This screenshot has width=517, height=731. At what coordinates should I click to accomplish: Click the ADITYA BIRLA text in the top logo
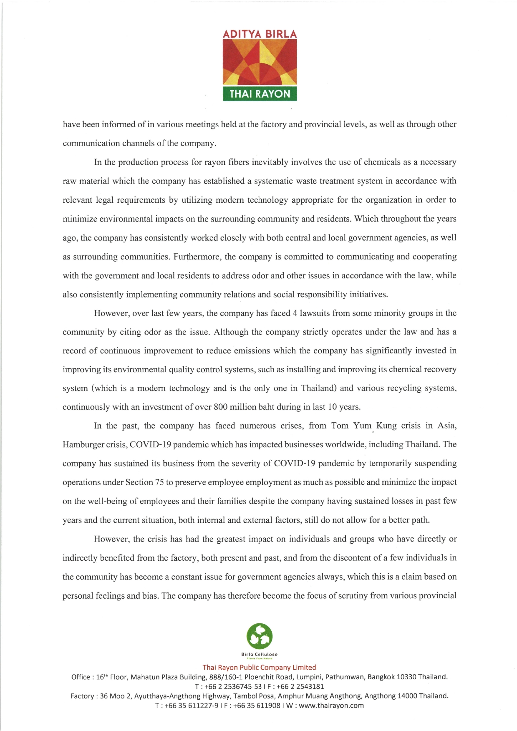[x=260, y=34]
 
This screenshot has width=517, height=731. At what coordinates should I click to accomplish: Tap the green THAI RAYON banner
[x=260, y=93]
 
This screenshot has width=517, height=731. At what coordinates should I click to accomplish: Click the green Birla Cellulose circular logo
[x=260, y=636]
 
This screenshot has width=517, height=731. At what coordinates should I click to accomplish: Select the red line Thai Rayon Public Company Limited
[x=259, y=668]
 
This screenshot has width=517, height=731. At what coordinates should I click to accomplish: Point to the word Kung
[x=386, y=426]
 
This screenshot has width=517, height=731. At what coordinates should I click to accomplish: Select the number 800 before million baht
[x=220, y=407]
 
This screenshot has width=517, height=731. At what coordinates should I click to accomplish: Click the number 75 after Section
[x=159, y=482]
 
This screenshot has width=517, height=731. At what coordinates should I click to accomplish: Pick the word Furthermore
[x=197, y=257]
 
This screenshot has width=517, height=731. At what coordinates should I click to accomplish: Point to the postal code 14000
[x=407, y=696]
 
